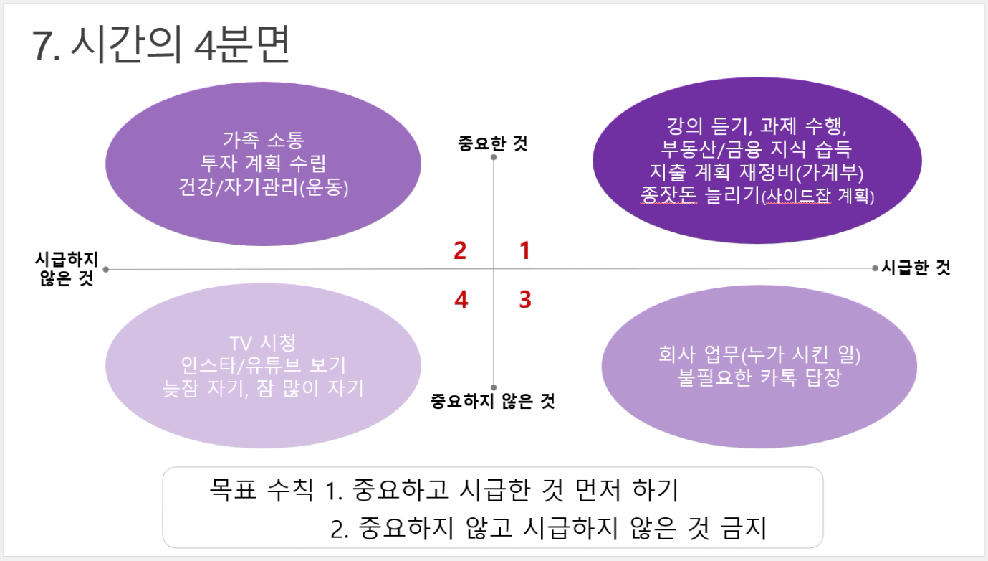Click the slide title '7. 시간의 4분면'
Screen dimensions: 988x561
(x=160, y=44)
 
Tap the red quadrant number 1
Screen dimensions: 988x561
(x=524, y=250)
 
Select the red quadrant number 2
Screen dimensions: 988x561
(x=460, y=250)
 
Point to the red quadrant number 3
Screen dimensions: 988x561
(x=525, y=299)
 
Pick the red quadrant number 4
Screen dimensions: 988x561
(x=461, y=299)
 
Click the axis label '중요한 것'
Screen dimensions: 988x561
(x=493, y=143)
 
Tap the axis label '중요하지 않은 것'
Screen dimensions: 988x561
(x=493, y=401)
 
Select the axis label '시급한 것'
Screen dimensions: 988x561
(x=916, y=268)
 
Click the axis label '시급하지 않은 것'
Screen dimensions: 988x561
(x=66, y=268)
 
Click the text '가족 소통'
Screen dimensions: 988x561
(x=264, y=140)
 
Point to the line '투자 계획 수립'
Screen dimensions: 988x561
(x=264, y=164)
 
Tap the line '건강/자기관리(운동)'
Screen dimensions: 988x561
(x=264, y=187)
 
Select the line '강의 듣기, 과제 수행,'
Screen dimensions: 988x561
(x=757, y=126)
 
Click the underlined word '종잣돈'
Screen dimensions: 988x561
(x=668, y=195)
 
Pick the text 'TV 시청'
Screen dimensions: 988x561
(x=263, y=343)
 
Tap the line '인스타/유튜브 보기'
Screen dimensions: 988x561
(x=264, y=366)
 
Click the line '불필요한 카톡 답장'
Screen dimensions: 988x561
(x=759, y=377)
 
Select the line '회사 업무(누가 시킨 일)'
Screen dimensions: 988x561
(x=759, y=354)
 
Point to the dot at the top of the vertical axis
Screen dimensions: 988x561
(x=494, y=157)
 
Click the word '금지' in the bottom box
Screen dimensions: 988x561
(x=743, y=528)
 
